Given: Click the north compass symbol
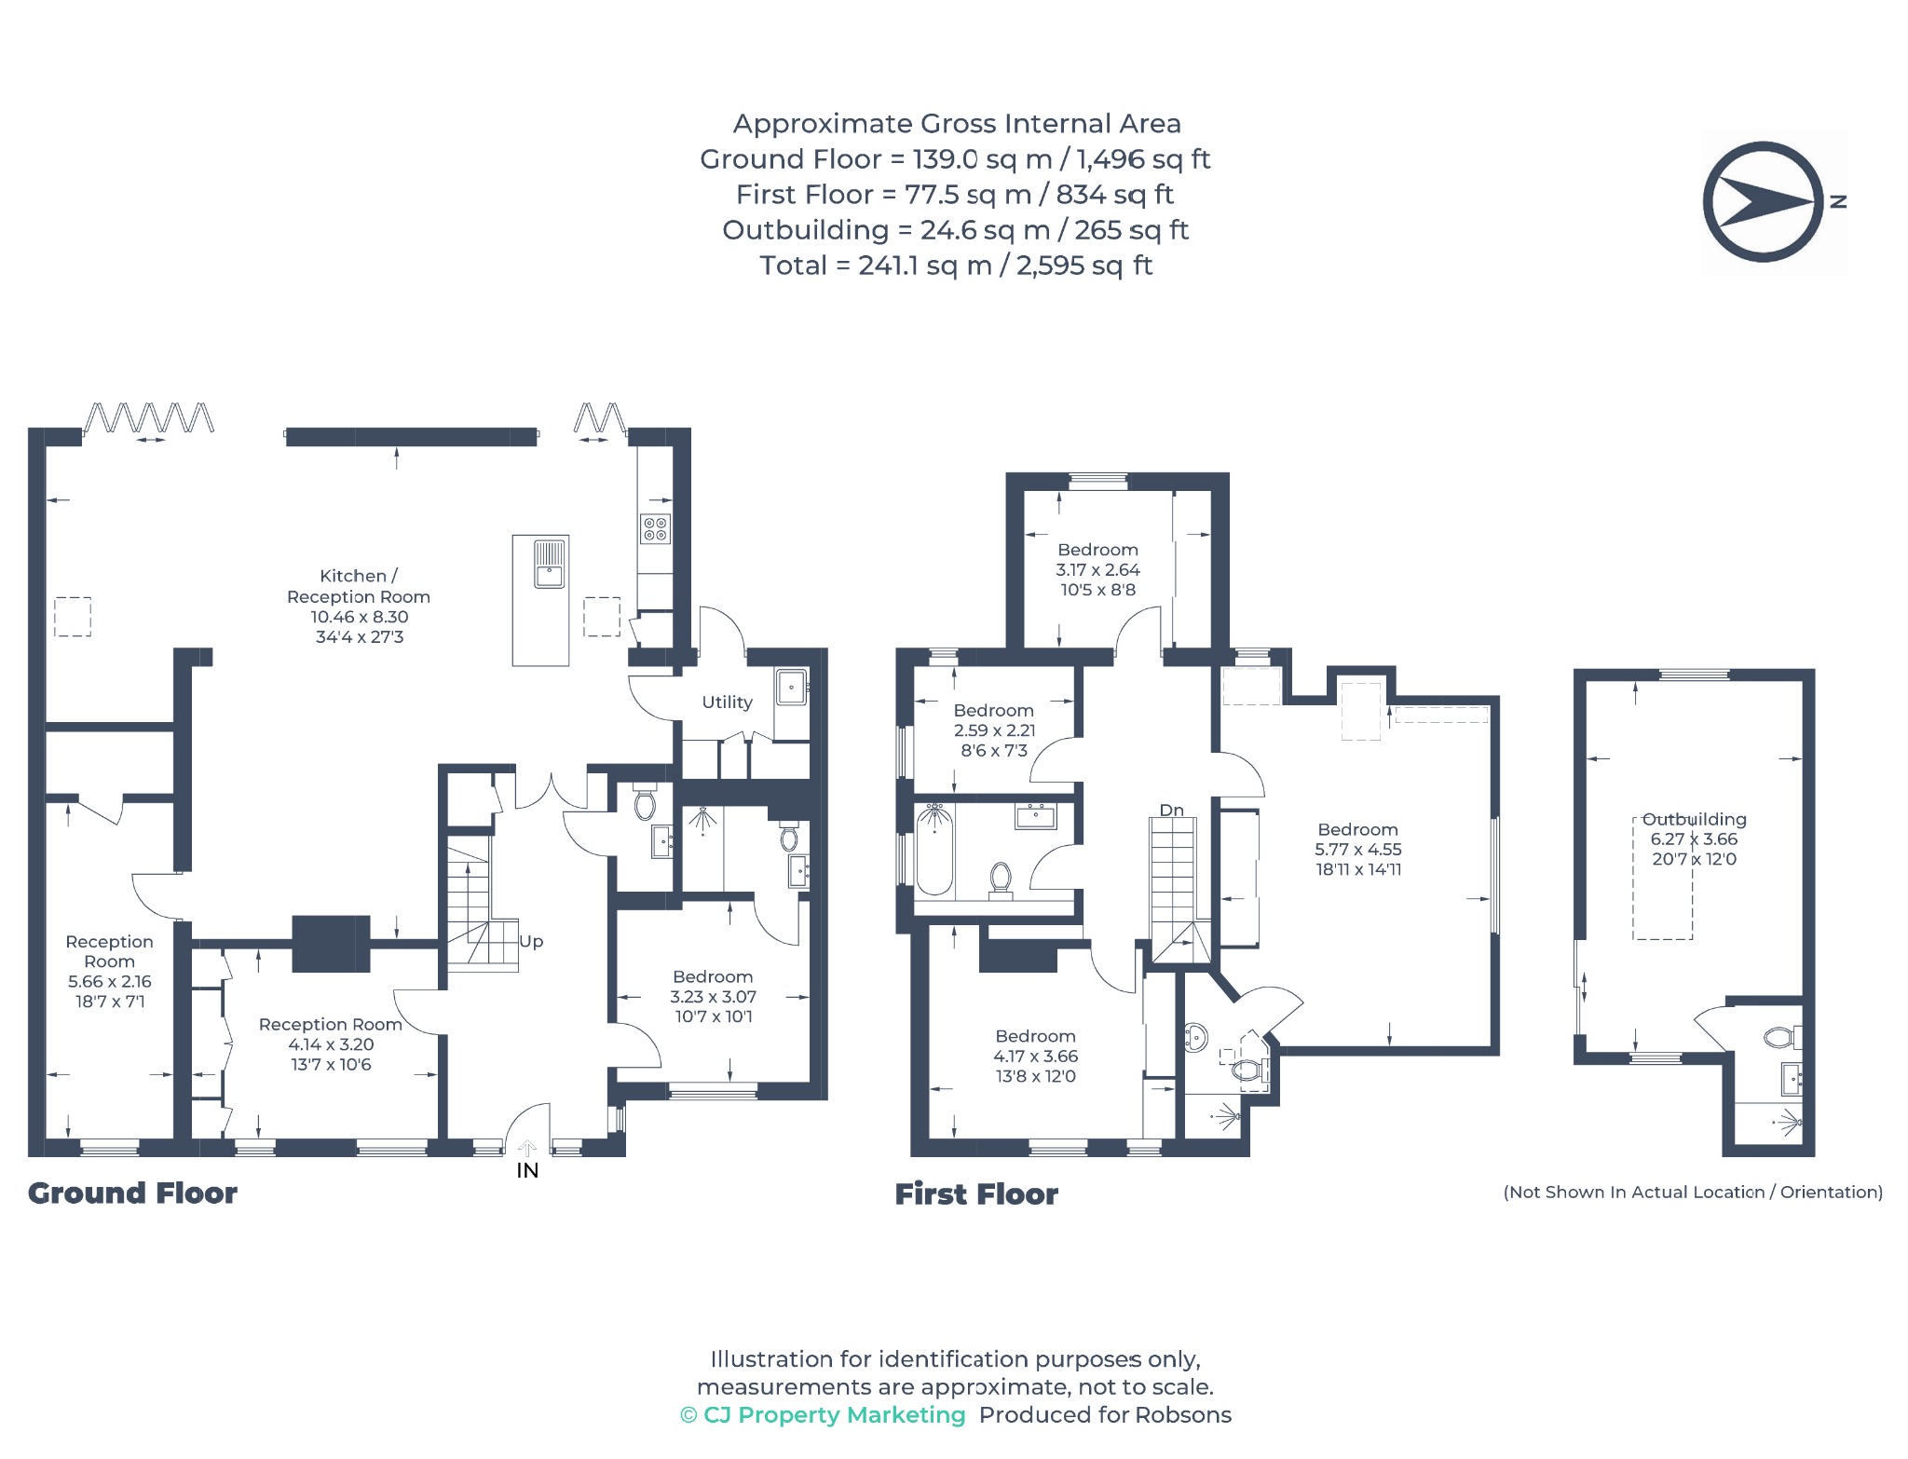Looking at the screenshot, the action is click(x=1763, y=201).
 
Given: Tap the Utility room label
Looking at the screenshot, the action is click(x=727, y=702).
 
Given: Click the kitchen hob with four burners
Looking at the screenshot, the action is click(x=655, y=529).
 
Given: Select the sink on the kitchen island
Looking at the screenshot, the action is click(x=550, y=564).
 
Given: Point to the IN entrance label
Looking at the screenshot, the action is click(x=527, y=1170).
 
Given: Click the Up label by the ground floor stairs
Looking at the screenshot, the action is click(x=531, y=942).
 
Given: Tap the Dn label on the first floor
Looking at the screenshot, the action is click(x=1172, y=811).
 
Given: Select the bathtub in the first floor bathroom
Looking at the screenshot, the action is click(x=934, y=851).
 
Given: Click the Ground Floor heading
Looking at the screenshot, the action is click(x=132, y=1193).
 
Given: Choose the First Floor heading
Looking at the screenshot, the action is click(x=976, y=1194).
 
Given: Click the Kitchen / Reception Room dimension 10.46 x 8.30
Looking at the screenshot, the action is click(x=360, y=617).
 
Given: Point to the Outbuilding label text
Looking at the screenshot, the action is click(x=1694, y=819).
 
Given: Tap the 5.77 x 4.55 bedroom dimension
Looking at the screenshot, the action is click(x=1357, y=850).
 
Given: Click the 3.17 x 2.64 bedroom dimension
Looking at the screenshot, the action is click(x=1097, y=570).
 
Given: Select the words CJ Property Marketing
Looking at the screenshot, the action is click(x=834, y=1415).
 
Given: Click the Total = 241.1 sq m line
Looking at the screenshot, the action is click(x=956, y=266).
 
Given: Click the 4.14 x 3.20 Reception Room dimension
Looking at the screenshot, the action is click(x=331, y=1044).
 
